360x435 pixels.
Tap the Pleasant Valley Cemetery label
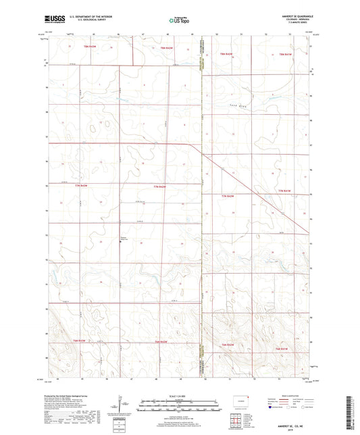pos(122,238)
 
